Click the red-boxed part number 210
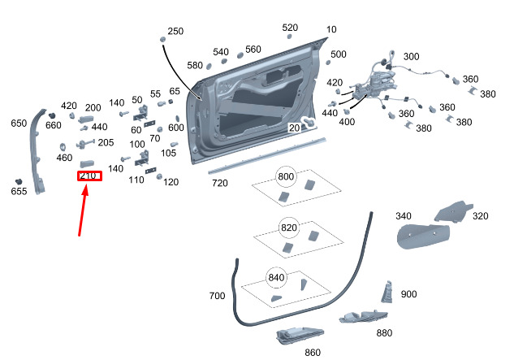(x=89, y=176)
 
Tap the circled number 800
(x=287, y=176)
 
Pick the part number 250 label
(x=175, y=32)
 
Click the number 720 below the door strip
(x=220, y=184)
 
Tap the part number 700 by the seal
(x=217, y=296)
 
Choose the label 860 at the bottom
(x=313, y=352)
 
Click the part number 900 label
(x=408, y=294)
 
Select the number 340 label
(x=404, y=216)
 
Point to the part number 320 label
(x=481, y=216)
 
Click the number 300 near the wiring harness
(x=412, y=57)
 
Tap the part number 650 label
(x=19, y=124)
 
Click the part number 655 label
(x=19, y=191)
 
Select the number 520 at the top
(x=290, y=28)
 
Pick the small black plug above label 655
(x=18, y=179)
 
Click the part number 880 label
(x=384, y=333)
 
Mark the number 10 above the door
(x=331, y=29)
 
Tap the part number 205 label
(x=106, y=142)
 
